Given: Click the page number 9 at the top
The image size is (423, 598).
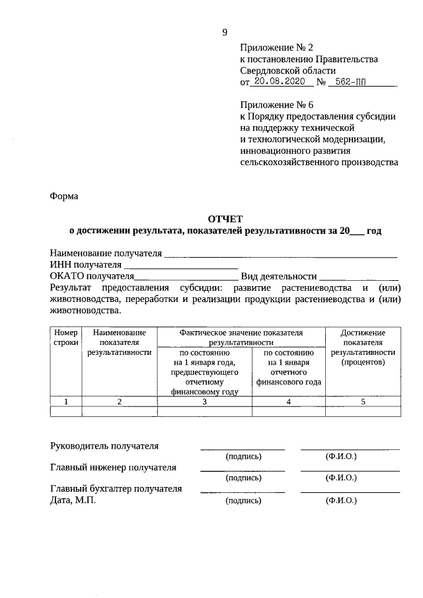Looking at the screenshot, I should tap(225, 32).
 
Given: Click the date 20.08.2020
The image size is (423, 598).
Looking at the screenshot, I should tap(277, 83).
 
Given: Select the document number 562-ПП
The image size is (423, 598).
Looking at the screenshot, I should tap(351, 83).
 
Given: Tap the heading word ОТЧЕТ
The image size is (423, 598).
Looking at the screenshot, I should tap(225, 218).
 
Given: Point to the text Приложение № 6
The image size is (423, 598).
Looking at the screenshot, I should tap(276, 104).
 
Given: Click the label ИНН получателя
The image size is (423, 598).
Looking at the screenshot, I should tap(81, 265).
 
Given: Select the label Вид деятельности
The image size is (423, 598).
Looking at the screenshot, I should tap(278, 277).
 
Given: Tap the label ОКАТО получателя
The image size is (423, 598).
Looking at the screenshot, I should tap(92, 277).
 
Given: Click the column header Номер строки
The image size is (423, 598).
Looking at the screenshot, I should tap(66, 338).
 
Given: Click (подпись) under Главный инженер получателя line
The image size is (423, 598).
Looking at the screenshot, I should tap(243, 478).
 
